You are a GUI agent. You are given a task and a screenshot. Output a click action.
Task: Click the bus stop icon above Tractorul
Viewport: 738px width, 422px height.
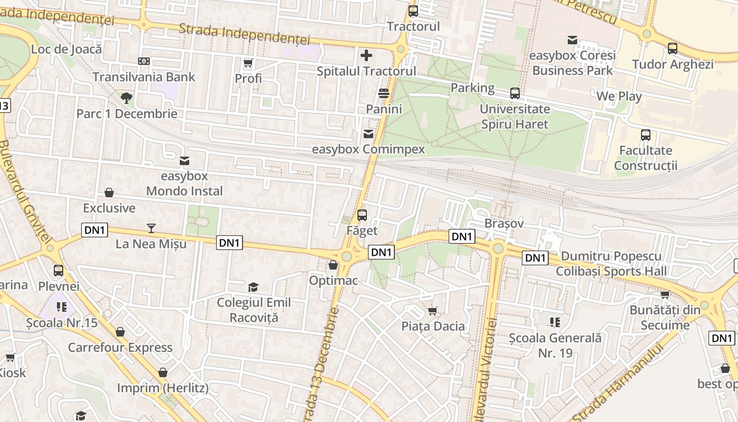[413, 11]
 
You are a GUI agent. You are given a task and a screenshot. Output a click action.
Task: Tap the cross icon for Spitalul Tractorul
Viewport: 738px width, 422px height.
[366, 55]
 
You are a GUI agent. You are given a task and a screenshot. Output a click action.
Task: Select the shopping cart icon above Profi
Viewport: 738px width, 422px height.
[248, 63]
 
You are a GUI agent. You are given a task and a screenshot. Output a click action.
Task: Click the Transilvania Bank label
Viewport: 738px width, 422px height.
[144, 77]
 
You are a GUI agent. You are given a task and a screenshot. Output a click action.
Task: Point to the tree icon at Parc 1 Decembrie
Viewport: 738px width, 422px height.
[126, 98]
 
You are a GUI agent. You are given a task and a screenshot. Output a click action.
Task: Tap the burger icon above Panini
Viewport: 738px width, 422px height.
[384, 94]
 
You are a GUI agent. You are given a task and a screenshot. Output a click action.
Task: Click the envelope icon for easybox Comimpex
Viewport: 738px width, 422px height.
[368, 134]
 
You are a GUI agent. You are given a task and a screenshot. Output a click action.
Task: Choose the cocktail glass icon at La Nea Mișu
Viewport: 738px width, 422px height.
[151, 228]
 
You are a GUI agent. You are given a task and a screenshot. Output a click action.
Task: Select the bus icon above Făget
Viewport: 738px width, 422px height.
[362, 215]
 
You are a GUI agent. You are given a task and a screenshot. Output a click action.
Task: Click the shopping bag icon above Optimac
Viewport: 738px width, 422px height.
[333, 265]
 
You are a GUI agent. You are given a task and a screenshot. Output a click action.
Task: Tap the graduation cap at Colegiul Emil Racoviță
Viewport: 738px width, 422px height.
[254, 287]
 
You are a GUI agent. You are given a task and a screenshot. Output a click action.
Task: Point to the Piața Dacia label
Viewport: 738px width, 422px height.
[433, 326]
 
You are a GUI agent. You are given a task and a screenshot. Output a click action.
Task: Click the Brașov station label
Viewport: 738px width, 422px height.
[504, 223]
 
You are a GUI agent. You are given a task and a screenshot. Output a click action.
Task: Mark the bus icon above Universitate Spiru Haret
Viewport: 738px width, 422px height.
[515, 93]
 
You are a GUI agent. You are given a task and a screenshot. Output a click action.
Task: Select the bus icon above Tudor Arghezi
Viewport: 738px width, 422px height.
[673, 49]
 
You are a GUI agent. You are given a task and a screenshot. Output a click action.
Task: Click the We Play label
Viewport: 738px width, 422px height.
[619, 97]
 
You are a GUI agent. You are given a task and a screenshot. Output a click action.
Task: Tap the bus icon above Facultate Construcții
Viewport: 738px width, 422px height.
[646, 135]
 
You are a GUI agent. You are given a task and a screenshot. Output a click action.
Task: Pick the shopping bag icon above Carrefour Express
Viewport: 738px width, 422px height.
[120, 332]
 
